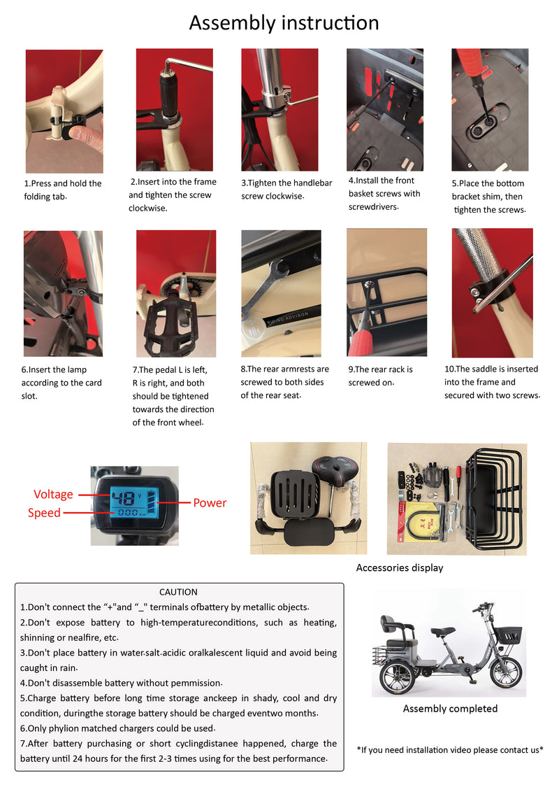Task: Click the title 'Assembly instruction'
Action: [284, 23]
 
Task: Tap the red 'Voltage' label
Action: [53, 494]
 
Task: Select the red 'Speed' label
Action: [44, 513]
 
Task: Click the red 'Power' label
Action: [210, 502]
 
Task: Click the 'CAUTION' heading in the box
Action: [178, 592]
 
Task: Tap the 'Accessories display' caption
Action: [399, 567]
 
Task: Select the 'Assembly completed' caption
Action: [450, 708]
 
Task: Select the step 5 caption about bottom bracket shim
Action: [488, 197]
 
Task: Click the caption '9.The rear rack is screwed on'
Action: [380, 376]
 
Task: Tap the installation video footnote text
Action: [450, 750]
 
